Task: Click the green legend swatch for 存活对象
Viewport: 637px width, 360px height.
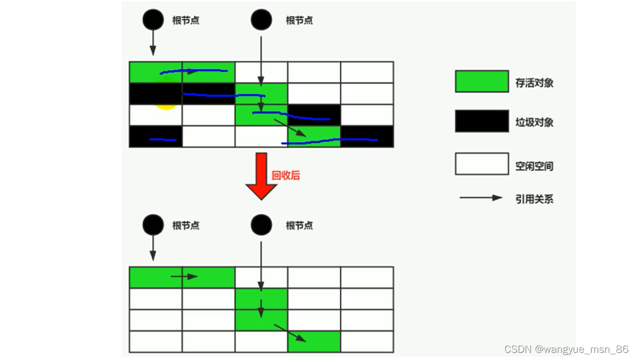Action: (481, 81)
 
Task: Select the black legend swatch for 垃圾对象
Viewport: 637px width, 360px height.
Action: (481, 121)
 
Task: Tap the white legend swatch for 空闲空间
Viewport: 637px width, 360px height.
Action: (481, 164)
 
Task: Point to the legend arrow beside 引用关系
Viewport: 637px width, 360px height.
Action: (480, 198)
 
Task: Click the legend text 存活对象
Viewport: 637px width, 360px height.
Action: (534, 83)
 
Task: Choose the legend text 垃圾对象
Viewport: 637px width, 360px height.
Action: (534, 122)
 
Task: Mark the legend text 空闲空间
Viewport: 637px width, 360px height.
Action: (534, 166)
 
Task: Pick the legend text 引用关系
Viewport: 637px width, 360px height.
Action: (534, 199)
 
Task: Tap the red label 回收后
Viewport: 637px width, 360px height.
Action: (286, 176)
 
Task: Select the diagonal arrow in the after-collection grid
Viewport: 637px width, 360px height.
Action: (290, 333)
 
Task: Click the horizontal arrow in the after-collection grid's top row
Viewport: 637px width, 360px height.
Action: (184, 277)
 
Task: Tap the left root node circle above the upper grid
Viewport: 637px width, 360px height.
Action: (153, 20)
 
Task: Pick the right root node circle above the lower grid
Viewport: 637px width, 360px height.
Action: (261, 225)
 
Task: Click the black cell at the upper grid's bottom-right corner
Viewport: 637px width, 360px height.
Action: (367, 136)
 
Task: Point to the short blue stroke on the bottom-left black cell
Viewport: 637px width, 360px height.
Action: (163, 140)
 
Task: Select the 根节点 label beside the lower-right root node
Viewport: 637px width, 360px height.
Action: (299, 226)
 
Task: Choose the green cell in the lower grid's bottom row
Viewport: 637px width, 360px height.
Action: (314, 341)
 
